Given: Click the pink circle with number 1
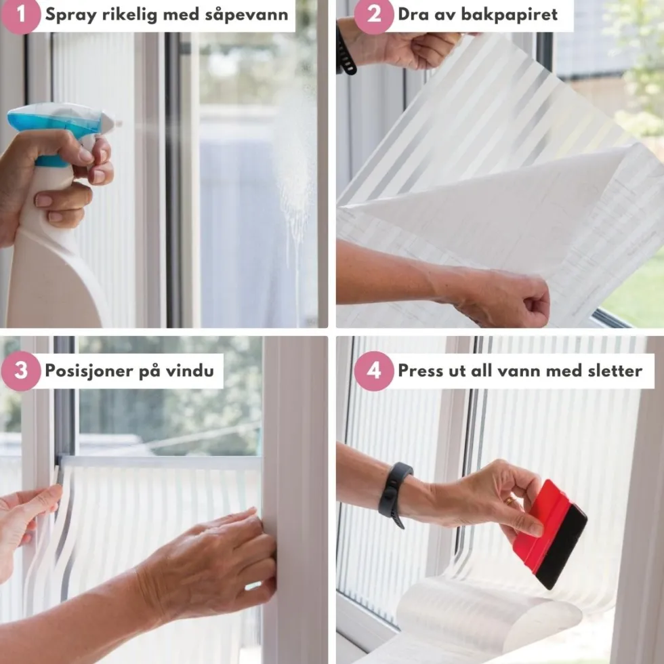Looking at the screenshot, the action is tap(20, 15).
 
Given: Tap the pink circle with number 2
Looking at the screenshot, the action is tap(373, 15).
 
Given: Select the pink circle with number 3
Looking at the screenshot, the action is tap(20, 371).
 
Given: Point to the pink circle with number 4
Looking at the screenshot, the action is tap(373, 371).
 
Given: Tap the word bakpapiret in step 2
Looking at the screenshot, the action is tap(509, 14).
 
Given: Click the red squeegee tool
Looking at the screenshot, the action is tap(549, 535).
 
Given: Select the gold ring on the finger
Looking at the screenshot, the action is tap(510, 501).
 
